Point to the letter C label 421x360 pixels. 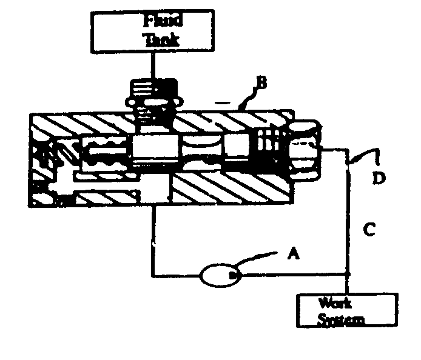tap(369, 229)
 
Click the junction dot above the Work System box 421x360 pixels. tap(348, 276)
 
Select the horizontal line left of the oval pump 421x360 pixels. tap(176, 276)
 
